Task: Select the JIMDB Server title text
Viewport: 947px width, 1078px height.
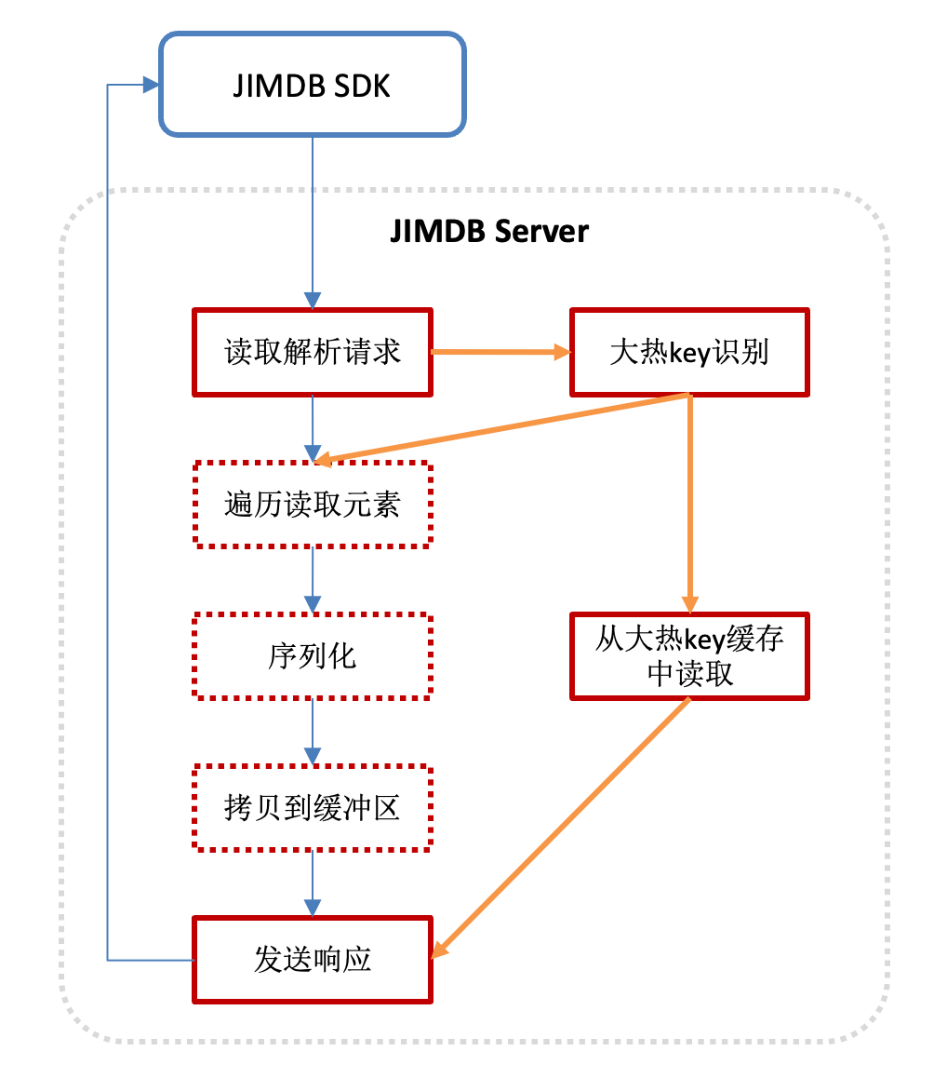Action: pyautogui.click(x=489, y=231)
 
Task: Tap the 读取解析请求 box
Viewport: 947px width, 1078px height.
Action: pyautogui.click(x=313, y=352)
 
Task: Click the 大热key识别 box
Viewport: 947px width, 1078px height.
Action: pyautogui.click(x=689, y=353)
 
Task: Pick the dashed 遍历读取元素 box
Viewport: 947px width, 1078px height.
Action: pyautogui.click(x=313, y=504)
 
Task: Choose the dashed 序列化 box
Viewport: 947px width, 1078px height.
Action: pyautogui.click(x=313, y=656)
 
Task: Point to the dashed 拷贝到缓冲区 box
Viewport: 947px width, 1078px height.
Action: pyautogui.click(x=313, y=807)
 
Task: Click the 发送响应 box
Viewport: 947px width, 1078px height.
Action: pyautogui.click(x=313, y=960)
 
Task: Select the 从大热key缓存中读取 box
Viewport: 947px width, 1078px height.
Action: pyautogui.click(x=689, y=656)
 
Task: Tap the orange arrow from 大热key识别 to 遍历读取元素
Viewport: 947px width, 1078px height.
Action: pyautogui.click(x=502, y=428)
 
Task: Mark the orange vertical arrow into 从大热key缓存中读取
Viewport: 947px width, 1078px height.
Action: pyautogui.click(x=690, y=503)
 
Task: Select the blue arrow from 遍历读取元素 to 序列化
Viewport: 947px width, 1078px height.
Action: pyautogui.click(x=313, y=579)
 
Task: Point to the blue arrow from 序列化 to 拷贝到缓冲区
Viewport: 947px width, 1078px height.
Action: pyautogui.click(x=313, y=731)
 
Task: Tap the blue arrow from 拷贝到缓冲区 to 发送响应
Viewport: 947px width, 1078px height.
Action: pyautogui.click(x=313, y=883)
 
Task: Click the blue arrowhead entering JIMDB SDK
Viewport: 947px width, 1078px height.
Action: pyautogui.click(x=150, y=85)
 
